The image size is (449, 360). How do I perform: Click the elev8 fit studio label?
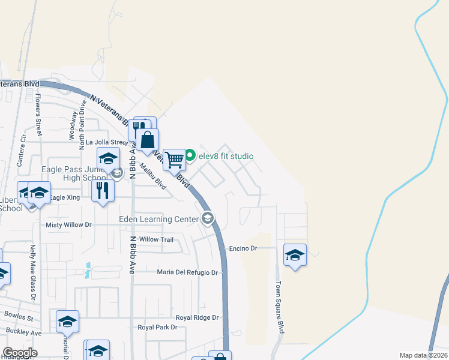(x=226, y=157)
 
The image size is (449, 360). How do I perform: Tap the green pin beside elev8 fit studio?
(x=190, y=157)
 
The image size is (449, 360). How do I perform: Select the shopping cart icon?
(x=174, y=160)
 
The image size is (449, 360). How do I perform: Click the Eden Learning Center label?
(x=158, y=220)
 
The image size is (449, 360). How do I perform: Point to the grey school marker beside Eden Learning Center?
(x=208, y=218)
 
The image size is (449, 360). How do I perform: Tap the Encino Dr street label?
(x=243, y=248)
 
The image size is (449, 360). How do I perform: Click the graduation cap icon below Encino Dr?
(x=295, y=255)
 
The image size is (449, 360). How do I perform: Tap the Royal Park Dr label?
(x=158, y=328)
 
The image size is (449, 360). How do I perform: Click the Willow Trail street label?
(x=156, y=239)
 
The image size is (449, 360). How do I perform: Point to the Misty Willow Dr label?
(x=68, y=225)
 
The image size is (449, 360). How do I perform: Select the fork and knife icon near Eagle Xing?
(x=103, y=191)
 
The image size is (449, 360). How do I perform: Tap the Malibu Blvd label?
(x=153, y=176)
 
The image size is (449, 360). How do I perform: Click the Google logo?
(x=20, y=353)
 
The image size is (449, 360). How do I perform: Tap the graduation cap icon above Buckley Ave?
(x=67, y=322)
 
